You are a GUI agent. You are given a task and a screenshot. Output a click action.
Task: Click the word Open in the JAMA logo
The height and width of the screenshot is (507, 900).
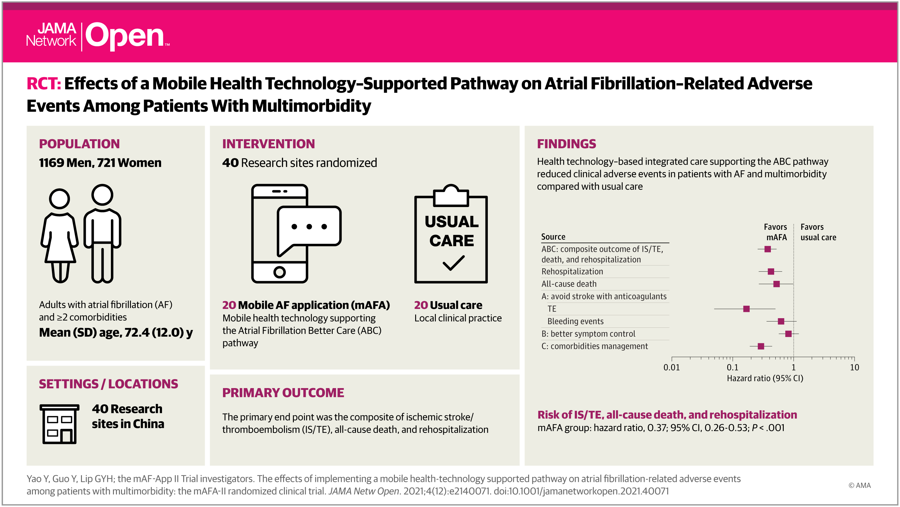coord(125,36)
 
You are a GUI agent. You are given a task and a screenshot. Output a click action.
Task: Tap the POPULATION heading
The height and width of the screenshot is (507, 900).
coord(79,144)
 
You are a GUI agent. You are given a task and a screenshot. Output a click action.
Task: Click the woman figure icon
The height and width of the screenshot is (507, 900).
coord(59,236)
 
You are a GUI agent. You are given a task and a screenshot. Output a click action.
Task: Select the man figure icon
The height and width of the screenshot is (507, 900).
coord(102,233)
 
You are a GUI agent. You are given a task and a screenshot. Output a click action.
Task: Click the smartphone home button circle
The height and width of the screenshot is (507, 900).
coord(279,272)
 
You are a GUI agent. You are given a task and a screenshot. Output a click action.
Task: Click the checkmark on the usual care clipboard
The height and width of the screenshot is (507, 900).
coord(453,263)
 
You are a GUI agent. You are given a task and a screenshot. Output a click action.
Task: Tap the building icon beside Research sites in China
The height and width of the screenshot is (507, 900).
coord(59,424)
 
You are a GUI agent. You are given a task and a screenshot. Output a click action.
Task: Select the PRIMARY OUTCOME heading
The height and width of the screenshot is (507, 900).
coord(283,393)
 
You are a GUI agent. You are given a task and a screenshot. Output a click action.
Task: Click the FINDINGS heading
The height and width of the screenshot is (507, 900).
coord(566,144)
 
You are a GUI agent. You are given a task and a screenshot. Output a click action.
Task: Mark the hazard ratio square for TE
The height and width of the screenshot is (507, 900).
coord(746,309)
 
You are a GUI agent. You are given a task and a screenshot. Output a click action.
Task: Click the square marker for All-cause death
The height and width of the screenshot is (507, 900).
coord(776,284)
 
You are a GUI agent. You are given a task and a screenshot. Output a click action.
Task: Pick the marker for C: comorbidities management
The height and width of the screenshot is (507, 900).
coord(761,346)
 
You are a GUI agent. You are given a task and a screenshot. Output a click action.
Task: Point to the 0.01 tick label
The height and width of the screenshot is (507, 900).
coord(672,367)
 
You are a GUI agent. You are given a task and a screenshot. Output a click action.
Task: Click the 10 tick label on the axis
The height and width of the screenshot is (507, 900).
coord(854,367)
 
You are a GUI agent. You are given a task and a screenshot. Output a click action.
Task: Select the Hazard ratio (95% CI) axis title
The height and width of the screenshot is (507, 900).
coord(765,378)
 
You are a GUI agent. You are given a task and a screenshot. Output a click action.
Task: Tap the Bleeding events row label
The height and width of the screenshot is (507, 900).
coord(575,321)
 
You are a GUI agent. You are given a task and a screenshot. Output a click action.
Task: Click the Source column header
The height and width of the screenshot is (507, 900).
coord(553,237)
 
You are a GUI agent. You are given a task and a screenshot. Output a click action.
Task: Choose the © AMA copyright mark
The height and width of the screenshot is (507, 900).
coord(859,485)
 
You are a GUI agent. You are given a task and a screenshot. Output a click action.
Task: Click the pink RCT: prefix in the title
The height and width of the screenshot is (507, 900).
coord(44,83)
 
